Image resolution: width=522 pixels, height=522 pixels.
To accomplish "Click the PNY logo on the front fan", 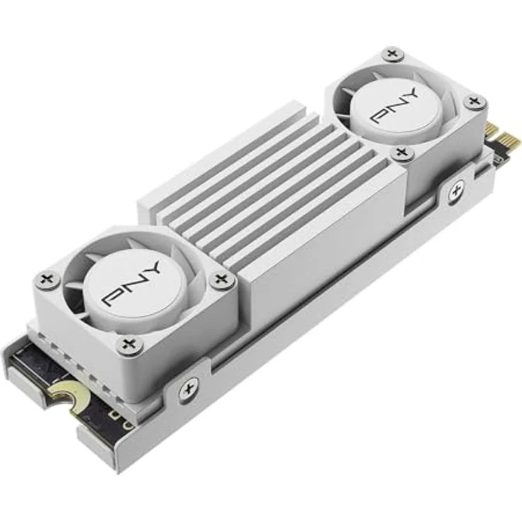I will pyautogui.click(x=133, y=284).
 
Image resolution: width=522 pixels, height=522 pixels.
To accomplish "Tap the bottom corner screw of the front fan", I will pyautogui.click(x=128, y=345).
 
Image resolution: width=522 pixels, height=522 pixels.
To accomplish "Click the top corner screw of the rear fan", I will pyautogui.click(x=391, y=54).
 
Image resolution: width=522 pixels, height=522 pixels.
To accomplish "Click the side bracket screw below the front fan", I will pyautogui.click(x=188, y=389).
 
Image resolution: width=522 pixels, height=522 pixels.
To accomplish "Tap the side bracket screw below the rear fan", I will pyautogui.click(x=455, y=190).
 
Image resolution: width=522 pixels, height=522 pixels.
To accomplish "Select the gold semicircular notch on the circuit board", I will pyautogui.click(x=65, y=391).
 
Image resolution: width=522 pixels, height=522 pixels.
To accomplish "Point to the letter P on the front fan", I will pyautogui.click(x=113, y=296).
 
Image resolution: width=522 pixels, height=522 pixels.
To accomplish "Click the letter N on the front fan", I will pyautogui.click(x=133, y=284).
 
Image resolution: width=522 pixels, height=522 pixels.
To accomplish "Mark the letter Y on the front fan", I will pyautogui.click(x=152, y=270).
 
